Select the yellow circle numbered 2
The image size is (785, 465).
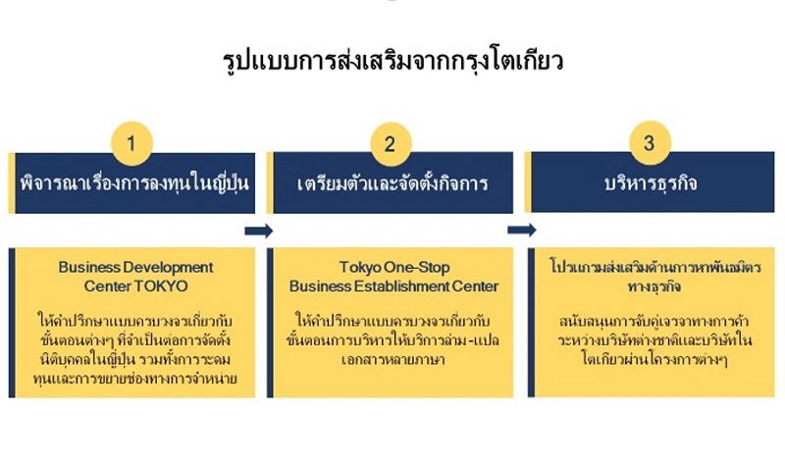click(391, 144)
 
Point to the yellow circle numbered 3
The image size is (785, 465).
click(649, 144)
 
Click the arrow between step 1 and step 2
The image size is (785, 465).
click(259, 231)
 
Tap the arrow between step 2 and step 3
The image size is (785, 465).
click(521, 231)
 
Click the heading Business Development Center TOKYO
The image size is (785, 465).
click(135, 276)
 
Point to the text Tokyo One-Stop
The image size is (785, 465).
click(392, 267)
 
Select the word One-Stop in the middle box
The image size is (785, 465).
click(417, 267)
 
